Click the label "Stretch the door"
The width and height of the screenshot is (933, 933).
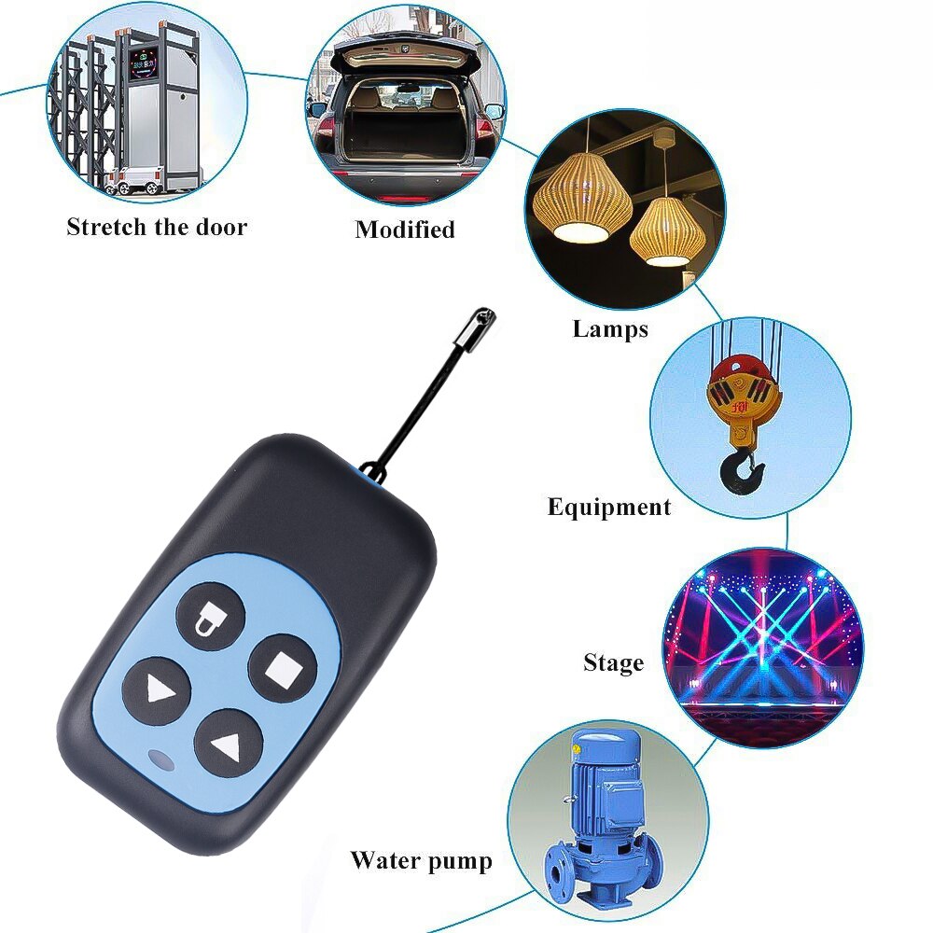tap(157, 227)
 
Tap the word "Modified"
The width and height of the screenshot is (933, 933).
tap(405, 230)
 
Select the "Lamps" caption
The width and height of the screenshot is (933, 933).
tap(610, 328)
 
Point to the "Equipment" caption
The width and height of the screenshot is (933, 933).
tap(608, 508)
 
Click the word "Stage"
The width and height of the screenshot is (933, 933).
tap(613, 663)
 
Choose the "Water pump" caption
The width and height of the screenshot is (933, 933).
tap(421, 860)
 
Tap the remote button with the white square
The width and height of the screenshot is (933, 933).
tap(279, 666)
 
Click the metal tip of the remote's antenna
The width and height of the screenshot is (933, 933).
tap(480, 325)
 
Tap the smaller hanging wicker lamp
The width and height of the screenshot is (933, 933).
tap(667, 232)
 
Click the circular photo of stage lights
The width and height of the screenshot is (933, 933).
tap(762, 648)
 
